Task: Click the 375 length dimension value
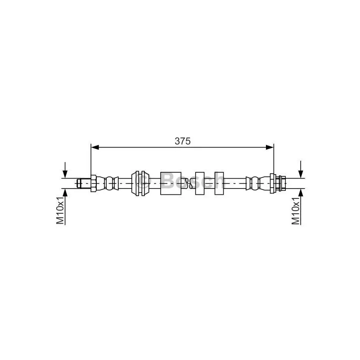point(183,141)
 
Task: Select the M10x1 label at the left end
point(60,210)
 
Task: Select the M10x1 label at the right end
point(296,210)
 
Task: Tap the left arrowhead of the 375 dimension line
point(95,147)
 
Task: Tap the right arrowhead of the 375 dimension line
point(270,147)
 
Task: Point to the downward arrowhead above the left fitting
point(65,174)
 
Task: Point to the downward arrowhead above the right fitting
point(301,174)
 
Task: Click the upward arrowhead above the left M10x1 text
point(65,193)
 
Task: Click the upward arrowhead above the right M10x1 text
point(301,193)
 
